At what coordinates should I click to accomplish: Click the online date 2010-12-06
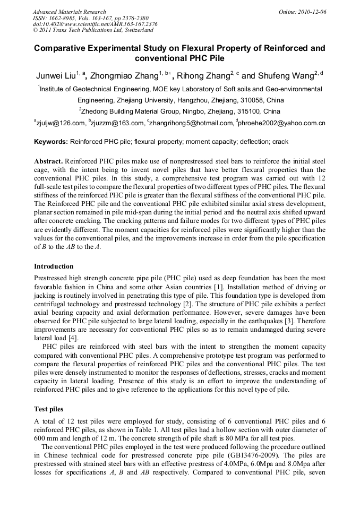pyautogui.click(x=313, y=11)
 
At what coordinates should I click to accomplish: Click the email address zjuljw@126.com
pyautogui.click(x=60, y=124)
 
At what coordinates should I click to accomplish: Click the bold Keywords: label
pyautogui.click(x=51, y=142)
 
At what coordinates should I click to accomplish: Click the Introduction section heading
pyautogui.click(x=54, y=266)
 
